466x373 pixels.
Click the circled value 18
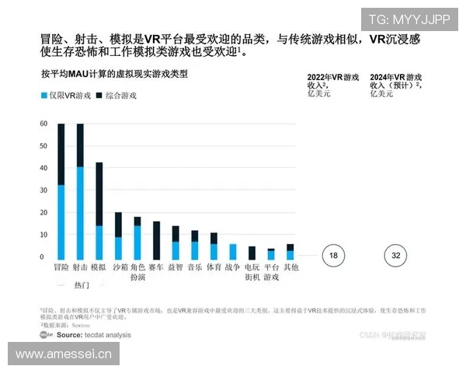tap(332, 256)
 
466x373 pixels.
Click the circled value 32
tap(397, 256)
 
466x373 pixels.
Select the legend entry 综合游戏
tap(116, 96)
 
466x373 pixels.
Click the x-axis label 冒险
tap(61, 267)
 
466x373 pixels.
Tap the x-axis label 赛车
tap(156, 267)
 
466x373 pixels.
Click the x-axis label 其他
tap(290, 267)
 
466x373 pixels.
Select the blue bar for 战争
tap(232, 252)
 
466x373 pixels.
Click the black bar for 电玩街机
tap(252, 253)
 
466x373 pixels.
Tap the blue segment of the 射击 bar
tap(80, 213)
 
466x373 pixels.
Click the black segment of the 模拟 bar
tap(99, 194)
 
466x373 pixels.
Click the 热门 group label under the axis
tap(81, 282)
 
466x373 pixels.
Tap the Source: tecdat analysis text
tap(93, 335)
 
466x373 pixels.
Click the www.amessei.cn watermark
tap(64, 354)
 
